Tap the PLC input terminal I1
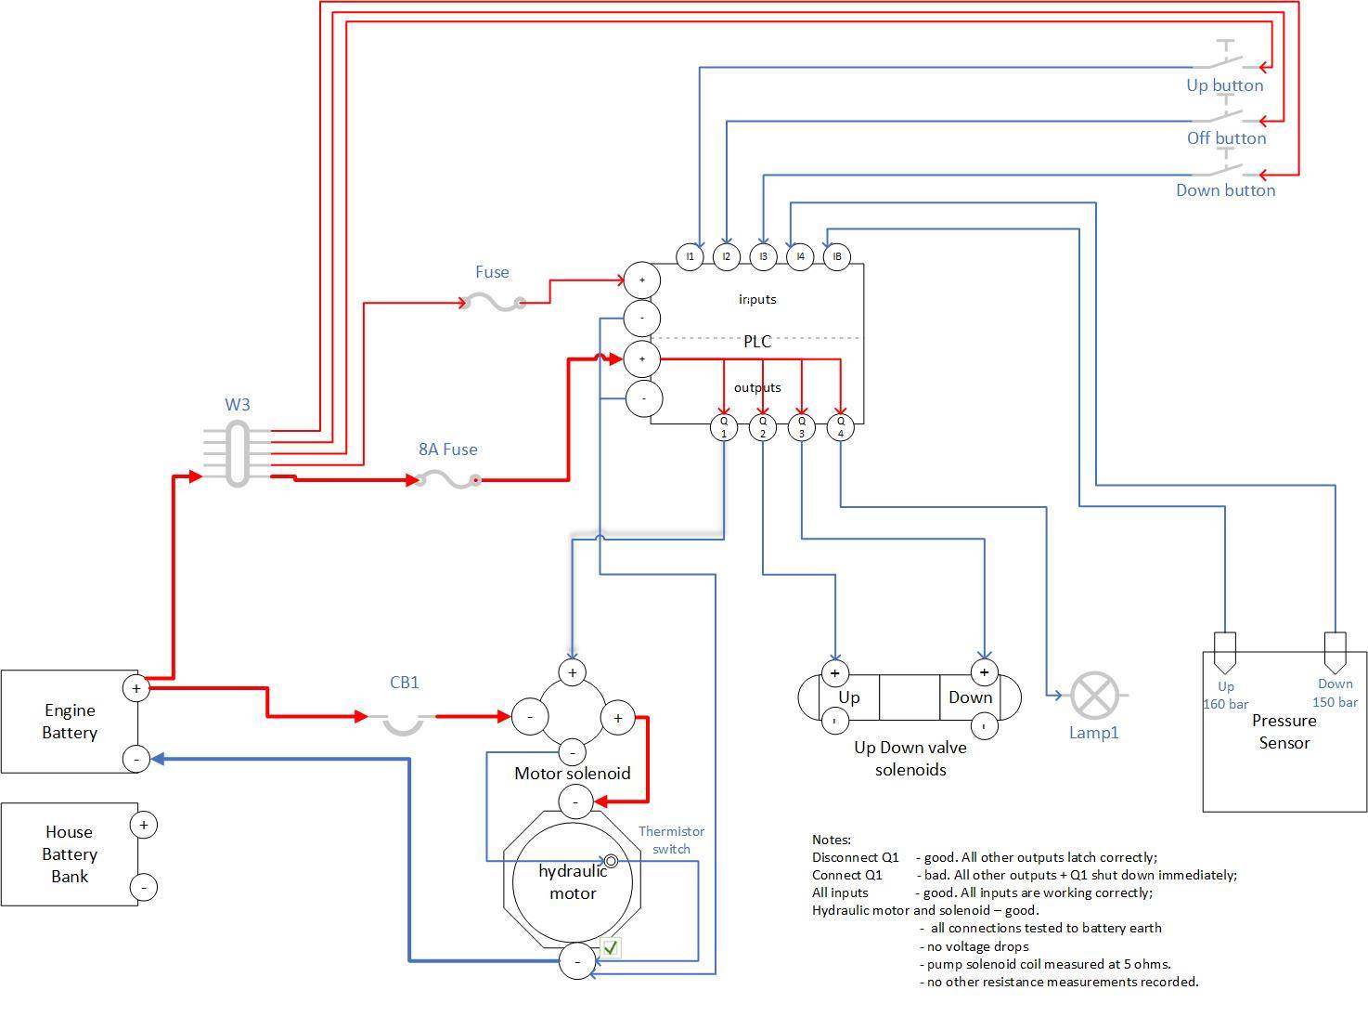(x=690, y=256)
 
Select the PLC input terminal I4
(x=799, y=256)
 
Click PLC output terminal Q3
(x=802, y=426)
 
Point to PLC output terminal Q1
(x=724, y=426)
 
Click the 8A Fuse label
(x=447, y=449)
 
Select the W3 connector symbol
(x=237, y=453)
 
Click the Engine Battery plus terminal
(x=136, y=688)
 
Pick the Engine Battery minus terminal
(x=136, y=759)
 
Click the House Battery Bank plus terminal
(x=144, y=825)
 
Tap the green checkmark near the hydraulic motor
(x=611, y=948)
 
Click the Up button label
(x=1224, y=85)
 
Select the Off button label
(x=1226, y=138)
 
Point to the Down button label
(x=1225, y=190)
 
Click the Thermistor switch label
(x=671, y=840)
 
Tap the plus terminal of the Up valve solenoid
(x=835, y=672)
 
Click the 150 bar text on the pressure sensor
(x=1335, y=702)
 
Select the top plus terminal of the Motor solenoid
(x=573, y=672)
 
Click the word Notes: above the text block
(x=831, y=840)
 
